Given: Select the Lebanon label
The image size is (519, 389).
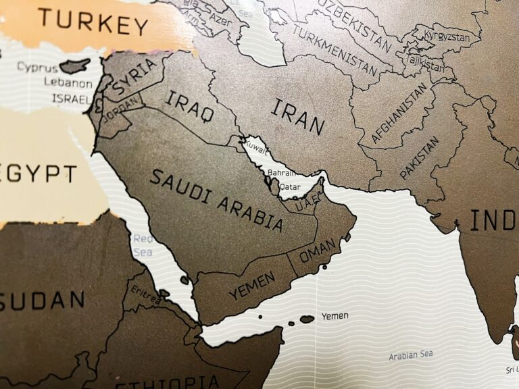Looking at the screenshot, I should click(x=68, y=84).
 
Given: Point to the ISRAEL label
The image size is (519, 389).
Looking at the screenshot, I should click(x=70, y=99).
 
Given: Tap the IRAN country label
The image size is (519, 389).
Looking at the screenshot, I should click(x=298, y=117).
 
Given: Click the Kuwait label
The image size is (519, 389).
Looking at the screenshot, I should click(x=255, y=145).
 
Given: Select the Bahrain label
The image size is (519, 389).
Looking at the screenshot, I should click(x=281, y=174).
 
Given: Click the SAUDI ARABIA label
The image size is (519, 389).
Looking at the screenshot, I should click(x=216, y=201).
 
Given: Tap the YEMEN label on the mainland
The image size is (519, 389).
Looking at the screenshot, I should click(x=251, y=285).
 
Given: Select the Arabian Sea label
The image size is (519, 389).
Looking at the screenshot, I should click(x=411, y=355).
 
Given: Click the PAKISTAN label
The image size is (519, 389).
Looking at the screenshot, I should click(x=420, y=157).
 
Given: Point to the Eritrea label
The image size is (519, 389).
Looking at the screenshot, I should click(x=145, y=294).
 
